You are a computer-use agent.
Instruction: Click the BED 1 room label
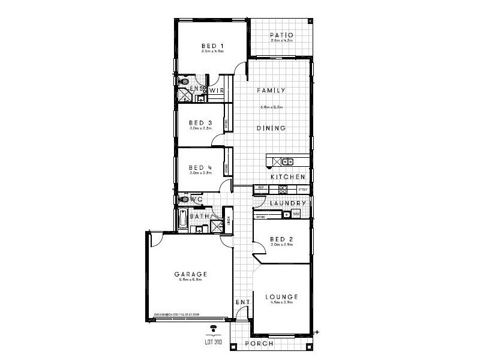pos(212,45)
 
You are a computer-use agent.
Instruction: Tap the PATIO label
pos(281,35)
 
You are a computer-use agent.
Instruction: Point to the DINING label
pos(271,128)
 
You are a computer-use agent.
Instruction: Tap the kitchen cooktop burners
pos(282,189)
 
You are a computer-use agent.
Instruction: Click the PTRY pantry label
pos(303,190)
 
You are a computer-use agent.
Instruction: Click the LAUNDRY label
pos(289,203)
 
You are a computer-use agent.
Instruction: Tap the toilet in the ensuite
pos(184,80)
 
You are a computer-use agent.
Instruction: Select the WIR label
pos(217,91)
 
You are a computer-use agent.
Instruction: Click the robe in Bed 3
pos(226,124)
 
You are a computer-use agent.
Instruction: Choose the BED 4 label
pos(200,167)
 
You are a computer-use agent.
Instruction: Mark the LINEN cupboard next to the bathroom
pos(228,219)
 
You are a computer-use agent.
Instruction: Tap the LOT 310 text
pos(214,344)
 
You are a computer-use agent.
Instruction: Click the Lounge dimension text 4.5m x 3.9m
pos(280,303)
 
